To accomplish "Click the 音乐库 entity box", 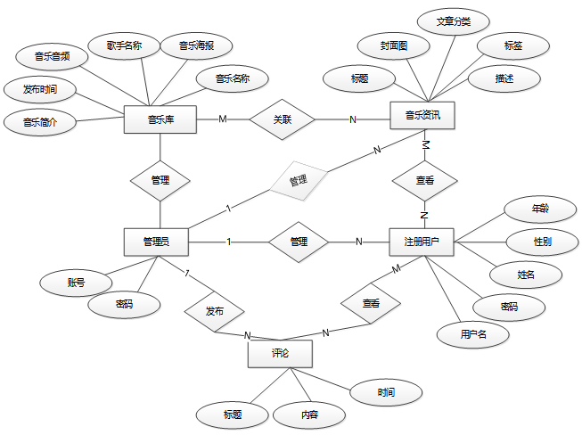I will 160,119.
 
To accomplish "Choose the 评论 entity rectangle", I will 280,354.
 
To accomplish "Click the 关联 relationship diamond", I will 283,119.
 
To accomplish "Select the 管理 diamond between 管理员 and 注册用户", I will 299,241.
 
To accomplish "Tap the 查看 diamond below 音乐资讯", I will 425,180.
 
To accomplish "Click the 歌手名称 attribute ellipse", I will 124,45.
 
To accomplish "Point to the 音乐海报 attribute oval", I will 196,45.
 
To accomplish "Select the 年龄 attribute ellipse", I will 540,209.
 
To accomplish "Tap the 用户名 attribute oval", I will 472,334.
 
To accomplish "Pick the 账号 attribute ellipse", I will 76,283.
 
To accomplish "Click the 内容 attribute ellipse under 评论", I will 309,414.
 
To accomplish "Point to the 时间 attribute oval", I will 386,391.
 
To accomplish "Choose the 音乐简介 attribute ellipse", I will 39,122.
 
